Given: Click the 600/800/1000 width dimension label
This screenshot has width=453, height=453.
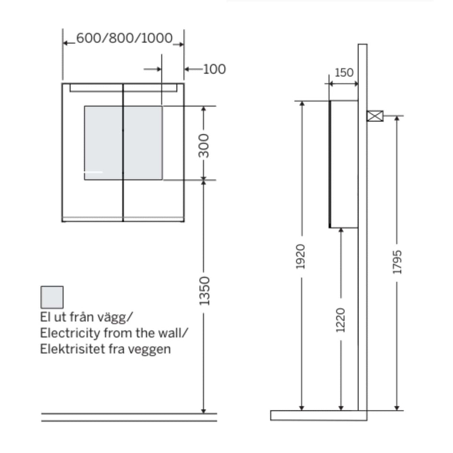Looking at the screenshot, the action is pyautogui.click(x=124, y=38).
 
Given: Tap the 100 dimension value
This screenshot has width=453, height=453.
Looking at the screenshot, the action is pyautogui.click(x=215, y=69).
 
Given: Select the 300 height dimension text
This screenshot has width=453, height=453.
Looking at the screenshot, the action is pyautogui.click(x=204, y=146).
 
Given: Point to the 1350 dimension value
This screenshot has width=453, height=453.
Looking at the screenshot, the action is pyautogui.click(x=204, y=291).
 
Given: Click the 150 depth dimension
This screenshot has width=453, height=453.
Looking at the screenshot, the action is pyautogui.click(x=344, y=72).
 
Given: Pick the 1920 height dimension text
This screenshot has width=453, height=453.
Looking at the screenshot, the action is pyautogui.click(x=300, y=257).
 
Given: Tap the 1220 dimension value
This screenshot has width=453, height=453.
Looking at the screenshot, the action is pyautogui.click(x=340, y=320).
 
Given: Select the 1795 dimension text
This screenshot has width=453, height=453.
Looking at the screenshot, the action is pyautogui.click(x=397, y=262).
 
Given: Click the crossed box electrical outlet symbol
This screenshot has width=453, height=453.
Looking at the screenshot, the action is pyautogui.click(x=375, y=116).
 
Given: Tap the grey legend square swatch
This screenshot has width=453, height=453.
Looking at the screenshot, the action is pyautogui.click(x=52, y=298).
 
